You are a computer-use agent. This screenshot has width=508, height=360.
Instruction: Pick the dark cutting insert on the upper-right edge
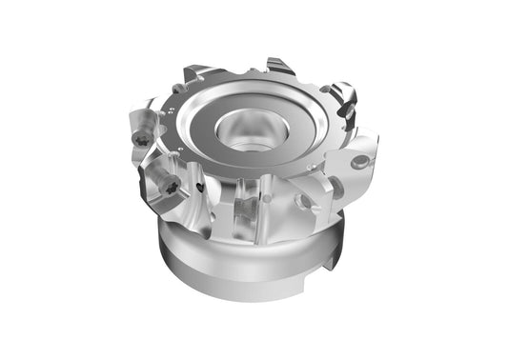point(344,98)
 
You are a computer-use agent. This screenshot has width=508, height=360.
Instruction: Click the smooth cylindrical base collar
point(238,262)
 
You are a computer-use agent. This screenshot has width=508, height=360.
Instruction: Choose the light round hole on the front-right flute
point(302,201)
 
